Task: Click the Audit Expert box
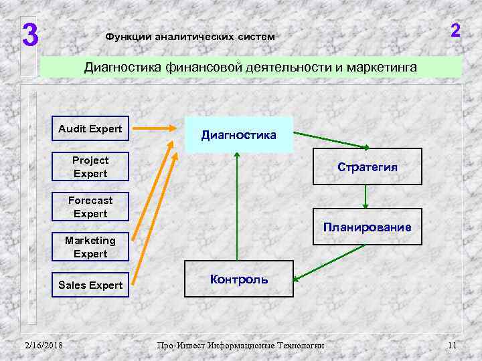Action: (x=90, y=128)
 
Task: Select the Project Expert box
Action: (x=90, y=167)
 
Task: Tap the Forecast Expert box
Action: (x=90, y=207)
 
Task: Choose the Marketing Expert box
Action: (x=90, y=247)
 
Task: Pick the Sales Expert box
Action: (x=90, y=285)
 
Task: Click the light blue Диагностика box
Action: (x=239, y=134)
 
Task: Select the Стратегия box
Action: (x=368, y=167)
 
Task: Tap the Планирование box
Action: (x=368, y=227)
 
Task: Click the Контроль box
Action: (x=239, y=279)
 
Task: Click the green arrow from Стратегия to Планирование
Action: (x=365, y=196)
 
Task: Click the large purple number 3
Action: (x=29, y=35)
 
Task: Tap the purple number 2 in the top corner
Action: (x=455, y=31)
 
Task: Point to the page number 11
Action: (x=452, y=345)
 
